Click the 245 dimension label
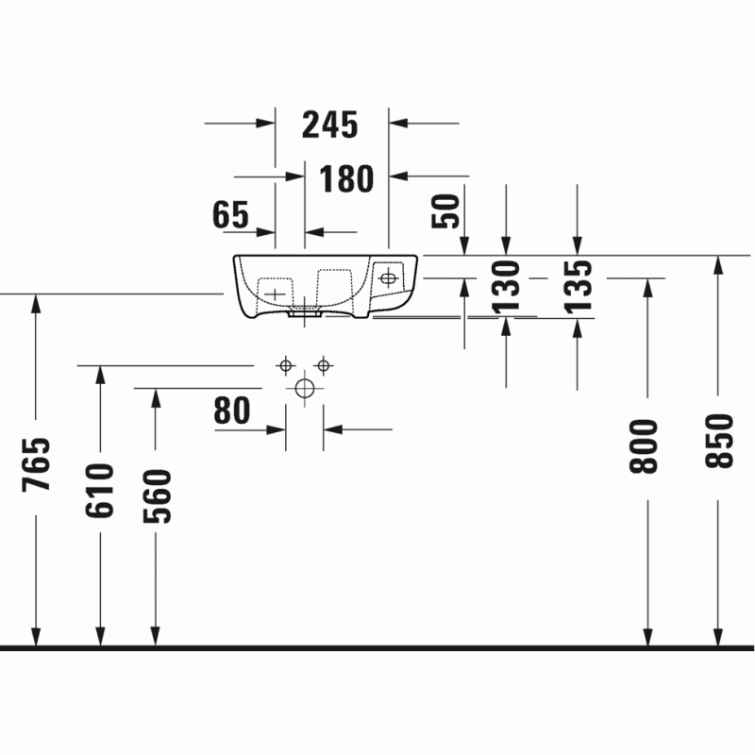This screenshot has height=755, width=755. [x=329, y=125]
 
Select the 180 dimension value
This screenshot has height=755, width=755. [x=346, y=178]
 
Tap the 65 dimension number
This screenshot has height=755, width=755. [x=230, y=215]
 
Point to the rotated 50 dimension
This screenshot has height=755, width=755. [x=445, y=210]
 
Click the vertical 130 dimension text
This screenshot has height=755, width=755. [x=506, y=287]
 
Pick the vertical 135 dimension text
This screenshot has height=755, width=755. [x=578, y=287]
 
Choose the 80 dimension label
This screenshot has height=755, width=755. [x=232, y=411]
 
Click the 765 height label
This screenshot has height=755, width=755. [x=36, y=464]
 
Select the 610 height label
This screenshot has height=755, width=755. [x=100, y=491]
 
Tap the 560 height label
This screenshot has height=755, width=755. [x=157, y=496]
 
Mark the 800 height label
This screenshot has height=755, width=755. [x=644, y=446]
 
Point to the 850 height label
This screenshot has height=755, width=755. [x=719, y=441]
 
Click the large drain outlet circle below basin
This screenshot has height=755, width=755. [x=305, y=388]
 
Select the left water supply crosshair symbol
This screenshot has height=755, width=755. [x=286, y=366]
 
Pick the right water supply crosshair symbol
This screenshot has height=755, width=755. [x=324, y=366]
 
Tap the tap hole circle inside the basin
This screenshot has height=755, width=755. [x=388, y=278]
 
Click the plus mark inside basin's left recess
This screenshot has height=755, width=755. [x=275, y=294]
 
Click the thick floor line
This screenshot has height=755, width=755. [x=377, y=648]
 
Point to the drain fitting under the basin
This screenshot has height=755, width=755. [x=304, y=312]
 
